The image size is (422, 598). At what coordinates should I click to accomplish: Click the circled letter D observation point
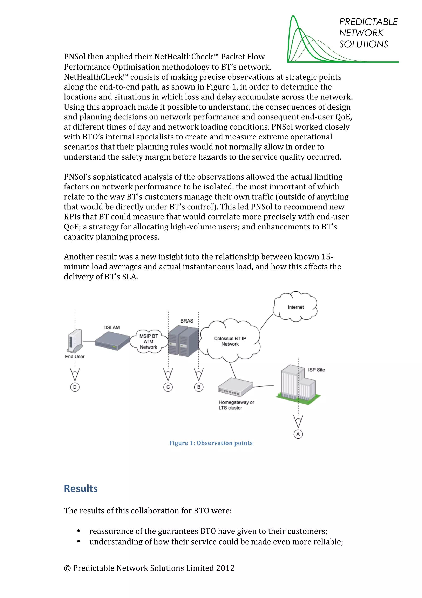(x=75, y=387)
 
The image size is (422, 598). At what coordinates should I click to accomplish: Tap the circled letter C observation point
(x=168, y=387)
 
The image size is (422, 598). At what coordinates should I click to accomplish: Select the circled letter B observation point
(x=199, y=387)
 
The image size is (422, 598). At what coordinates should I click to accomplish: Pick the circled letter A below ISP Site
(x=298, y=434)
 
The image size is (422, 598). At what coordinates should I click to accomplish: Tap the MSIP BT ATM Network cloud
(x=149, y=342)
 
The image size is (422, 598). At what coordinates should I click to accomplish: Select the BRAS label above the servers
(x=187, y=321)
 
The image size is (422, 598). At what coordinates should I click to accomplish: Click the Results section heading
(x=81, y=489)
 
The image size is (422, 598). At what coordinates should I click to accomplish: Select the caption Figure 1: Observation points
(x=211, y=443)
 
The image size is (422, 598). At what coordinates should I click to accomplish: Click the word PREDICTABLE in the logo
(x=368, y=22)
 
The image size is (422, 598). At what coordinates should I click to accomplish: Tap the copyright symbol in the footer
(x=67, y=568)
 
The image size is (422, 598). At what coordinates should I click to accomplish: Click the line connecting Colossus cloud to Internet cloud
(x=266, y=322)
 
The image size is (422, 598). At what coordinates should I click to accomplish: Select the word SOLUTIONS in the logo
(x=363, y=44)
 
